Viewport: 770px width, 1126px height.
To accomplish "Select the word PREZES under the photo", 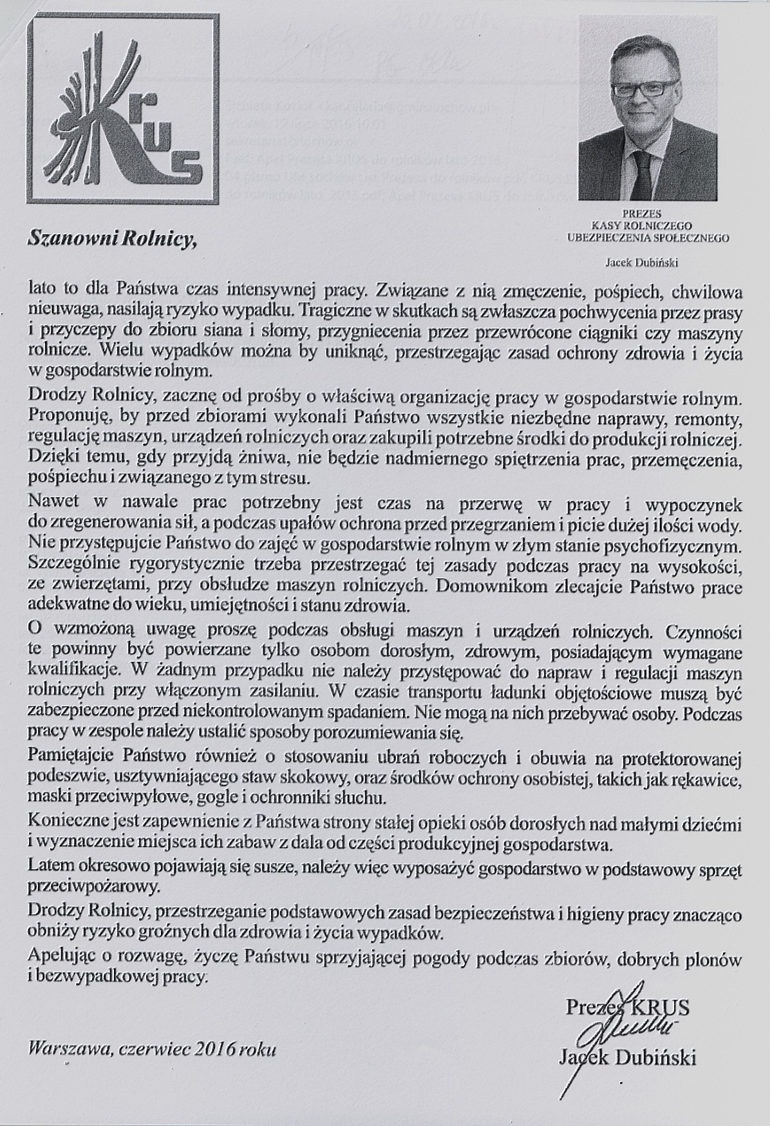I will [x=646, y=212].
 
